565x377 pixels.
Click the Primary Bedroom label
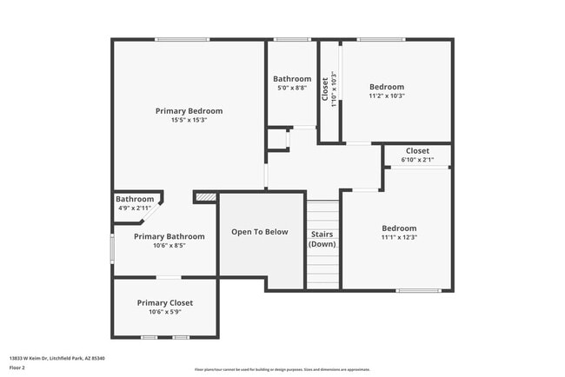coord(189,111)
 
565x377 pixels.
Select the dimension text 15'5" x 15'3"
coord(189,120)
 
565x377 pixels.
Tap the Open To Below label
coord(259,232)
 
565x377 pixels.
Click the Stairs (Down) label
coord(322,240)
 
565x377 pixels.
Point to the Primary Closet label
coord(164,302)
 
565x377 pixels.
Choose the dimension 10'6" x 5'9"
coord(164,312)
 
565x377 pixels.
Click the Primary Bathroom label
coord(169,236)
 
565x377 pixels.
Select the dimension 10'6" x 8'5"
coord(169,246)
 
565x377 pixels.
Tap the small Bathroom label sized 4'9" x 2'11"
coord(135,199)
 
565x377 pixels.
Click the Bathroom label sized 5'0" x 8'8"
coord(291,79)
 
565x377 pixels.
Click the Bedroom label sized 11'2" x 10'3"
coord(387,87)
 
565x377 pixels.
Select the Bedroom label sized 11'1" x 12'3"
coord(399,228)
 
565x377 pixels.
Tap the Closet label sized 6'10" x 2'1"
coord(417,151)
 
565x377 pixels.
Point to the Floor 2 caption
coord(18,367)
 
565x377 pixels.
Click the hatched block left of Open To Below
coord(205,198)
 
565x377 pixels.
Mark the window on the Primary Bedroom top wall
coord(182,39)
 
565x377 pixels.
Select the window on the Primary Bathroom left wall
coord(111,247)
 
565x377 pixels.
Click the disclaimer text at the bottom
coord(282,369)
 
